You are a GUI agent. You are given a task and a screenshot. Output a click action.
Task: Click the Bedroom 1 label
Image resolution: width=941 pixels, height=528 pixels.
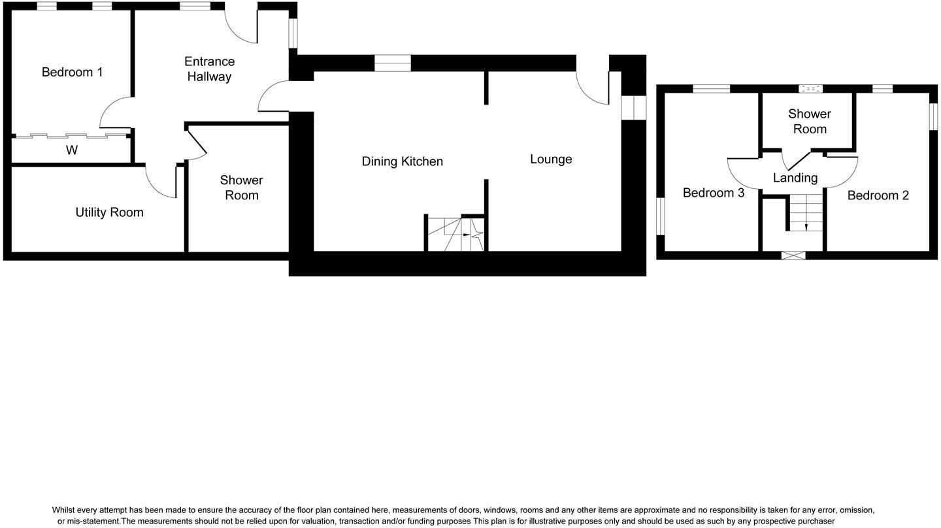click(x=72, y=72)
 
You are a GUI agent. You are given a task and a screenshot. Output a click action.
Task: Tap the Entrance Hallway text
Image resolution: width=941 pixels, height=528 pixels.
click(x=209, y=69)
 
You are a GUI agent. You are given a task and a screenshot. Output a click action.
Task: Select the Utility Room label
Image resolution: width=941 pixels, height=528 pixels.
click(x=109, y=212)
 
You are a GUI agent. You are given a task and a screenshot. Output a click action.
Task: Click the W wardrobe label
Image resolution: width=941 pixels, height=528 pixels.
click(x=72, y=150)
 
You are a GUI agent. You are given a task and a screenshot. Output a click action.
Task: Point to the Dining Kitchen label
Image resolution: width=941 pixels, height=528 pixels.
click(x=402, y=161)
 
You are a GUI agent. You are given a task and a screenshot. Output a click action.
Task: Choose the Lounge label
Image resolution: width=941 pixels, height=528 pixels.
click(x=551, y=159)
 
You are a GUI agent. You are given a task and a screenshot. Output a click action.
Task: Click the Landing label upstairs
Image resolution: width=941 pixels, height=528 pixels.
click(x=795, y=178)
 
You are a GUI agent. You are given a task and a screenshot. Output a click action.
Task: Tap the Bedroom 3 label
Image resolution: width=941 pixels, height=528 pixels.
click(x=713, y=193)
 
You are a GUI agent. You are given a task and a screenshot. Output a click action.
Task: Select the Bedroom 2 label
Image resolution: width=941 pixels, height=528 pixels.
click(x=878, y=195)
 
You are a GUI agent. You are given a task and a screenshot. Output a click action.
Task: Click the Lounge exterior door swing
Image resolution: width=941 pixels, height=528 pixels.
click(x=591, y=88)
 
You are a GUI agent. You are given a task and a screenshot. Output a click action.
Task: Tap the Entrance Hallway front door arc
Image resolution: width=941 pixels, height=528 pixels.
click(x=240, y=26)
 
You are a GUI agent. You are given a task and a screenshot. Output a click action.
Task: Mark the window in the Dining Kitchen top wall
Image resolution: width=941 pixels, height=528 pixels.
click(x=392, y=63)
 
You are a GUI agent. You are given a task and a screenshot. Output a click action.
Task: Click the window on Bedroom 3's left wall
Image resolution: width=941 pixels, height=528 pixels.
click(x=660, y=216)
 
